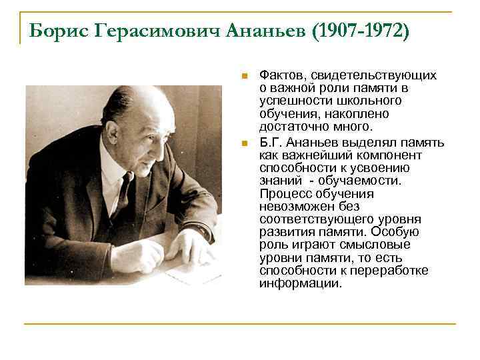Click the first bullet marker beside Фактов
pos(245,75)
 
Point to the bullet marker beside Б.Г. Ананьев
pos(245,143)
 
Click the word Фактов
pos(279,75)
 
